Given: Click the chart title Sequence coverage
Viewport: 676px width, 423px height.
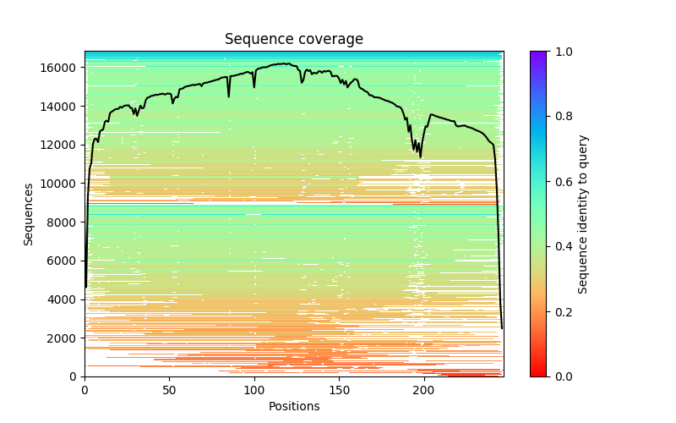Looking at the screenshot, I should (293, 39).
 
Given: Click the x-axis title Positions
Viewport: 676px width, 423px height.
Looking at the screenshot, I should (293, 406).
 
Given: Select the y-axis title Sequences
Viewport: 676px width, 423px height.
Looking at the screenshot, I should (29, 214).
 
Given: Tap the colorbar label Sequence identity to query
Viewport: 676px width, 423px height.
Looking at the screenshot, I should (583, 214).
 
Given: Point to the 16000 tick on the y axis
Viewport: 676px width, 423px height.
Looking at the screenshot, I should (62, 68).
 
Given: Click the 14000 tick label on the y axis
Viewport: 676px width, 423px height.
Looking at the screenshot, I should (62, 107).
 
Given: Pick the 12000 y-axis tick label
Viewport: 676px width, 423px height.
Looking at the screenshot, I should (62, 145).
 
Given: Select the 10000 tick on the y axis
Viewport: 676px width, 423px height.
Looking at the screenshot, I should (62, 184).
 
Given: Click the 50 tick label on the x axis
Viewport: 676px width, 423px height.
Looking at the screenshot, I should (169, 390).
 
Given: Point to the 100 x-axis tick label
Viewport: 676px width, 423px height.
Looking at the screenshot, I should (254, 390).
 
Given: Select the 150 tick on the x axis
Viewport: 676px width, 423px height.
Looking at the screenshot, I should (339, 390).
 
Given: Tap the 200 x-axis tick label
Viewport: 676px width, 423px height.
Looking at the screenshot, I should (424, 390).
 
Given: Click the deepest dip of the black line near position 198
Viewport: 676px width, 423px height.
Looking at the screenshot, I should (421, 157).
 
